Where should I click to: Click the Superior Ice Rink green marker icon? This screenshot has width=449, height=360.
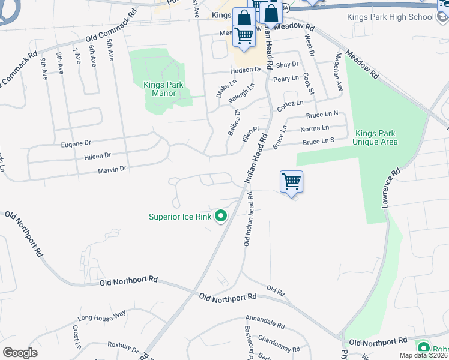[x=221, y=216]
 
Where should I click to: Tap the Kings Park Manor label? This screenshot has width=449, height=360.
[x=160, y=89]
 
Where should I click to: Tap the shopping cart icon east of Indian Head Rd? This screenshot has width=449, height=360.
[x=291, y=181]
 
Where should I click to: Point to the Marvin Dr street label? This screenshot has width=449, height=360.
[x=112, y=170]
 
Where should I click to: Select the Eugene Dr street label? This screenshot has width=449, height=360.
[x=76, y=143]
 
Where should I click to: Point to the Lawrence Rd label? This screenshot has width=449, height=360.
[x=390, y=188]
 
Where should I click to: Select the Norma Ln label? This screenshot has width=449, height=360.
[x=315, y=128]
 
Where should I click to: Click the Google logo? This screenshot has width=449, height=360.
[x=20, y=353]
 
